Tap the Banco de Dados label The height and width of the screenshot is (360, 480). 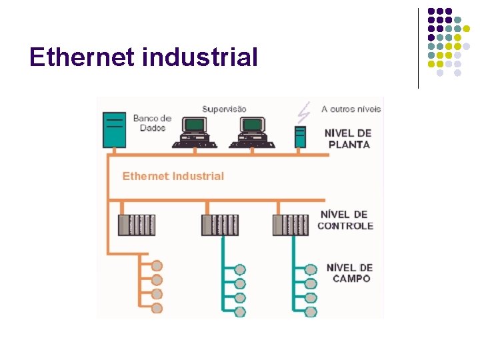152,123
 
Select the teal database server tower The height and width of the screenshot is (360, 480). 113,129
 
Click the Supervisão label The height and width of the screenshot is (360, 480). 224,109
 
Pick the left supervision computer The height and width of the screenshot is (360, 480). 194,131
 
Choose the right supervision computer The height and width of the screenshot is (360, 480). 252,131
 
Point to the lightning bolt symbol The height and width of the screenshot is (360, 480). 305,111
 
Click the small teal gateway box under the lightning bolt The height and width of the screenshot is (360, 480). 300,136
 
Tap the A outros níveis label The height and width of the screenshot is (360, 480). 351,109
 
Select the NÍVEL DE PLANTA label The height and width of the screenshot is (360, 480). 347,138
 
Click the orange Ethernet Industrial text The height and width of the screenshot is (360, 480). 173,176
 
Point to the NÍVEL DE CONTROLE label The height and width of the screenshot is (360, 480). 345,220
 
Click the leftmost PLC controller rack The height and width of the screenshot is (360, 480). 136,225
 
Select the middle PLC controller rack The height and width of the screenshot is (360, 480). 219,225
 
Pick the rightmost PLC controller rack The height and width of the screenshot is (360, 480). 291,225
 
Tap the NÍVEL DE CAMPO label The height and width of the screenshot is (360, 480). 349,273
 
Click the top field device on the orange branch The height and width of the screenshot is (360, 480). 157,265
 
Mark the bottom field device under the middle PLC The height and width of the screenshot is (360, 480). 240,311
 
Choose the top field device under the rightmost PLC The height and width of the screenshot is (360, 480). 311,269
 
